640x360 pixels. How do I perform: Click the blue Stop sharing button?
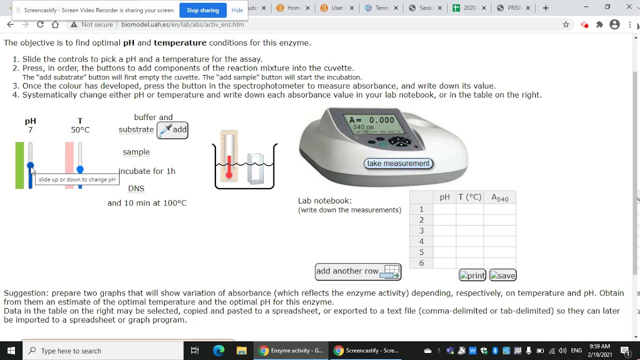tap(202, 10)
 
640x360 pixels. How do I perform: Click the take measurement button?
tap(398, 163)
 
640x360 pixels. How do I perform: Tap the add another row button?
tap(358, 271)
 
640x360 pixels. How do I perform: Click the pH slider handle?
tap(30, 165)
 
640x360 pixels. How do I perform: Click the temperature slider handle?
tap(80, 169)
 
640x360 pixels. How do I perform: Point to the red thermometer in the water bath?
tap(229, 156)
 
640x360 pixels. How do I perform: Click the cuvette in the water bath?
tap(255, 168)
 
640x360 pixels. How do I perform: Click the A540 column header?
tap(499, 197)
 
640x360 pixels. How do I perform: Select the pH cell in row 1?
tap(444, 209)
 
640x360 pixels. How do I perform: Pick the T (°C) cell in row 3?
tap(469, 230)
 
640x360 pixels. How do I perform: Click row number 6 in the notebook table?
tap(421, 263)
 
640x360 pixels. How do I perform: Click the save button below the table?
tap(502, 275)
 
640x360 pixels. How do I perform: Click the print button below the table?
tap(472, 275)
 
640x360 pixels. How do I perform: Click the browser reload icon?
tap(40, 24)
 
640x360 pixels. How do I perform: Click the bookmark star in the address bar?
tap(565, 24)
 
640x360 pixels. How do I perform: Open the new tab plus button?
tap(545, 8)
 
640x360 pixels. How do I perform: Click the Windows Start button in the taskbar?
tap(11, 350)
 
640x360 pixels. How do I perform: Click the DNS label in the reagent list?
tap(136, 188)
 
